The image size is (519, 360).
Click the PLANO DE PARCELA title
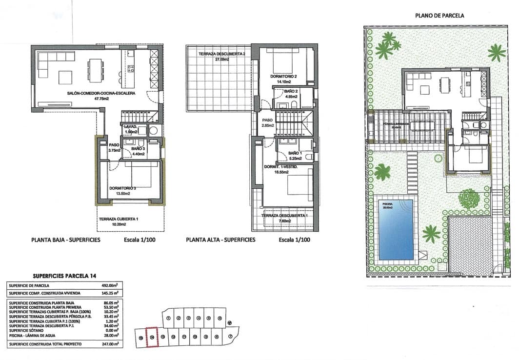point(439,15)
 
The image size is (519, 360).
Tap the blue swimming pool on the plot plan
point(394,229)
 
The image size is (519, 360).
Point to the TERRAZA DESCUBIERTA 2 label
point(221,54)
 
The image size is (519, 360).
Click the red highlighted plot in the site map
point(153,337)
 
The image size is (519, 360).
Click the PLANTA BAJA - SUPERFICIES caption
point(65,240)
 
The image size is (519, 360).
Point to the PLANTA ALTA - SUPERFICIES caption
point(220,240)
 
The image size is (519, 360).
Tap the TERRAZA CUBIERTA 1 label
point(119,219)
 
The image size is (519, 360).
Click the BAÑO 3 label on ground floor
point(138,149)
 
